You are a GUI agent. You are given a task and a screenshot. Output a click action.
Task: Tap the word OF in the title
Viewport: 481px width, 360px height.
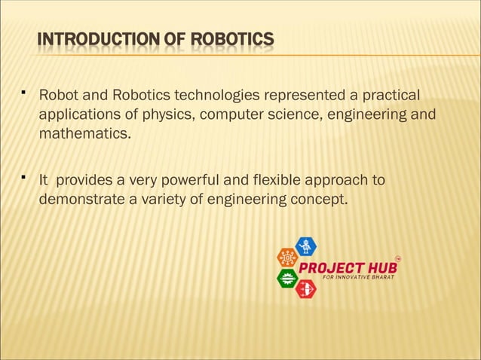point(175,39)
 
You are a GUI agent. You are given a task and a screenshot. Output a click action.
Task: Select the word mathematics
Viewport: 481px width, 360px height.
point(84,135)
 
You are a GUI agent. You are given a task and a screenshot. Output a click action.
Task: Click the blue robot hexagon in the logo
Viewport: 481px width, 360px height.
point(305,246)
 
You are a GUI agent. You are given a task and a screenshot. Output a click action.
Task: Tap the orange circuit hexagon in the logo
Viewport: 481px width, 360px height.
point(287,257)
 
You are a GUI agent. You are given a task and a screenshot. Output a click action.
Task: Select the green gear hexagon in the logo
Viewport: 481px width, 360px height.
point(287,278)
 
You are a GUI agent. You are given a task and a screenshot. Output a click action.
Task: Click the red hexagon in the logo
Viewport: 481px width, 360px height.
point(305,288)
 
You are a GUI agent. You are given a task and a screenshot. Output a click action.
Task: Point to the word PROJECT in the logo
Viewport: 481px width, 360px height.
point(331,268)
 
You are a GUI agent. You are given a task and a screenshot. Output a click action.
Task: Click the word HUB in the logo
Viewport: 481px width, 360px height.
point(381,268)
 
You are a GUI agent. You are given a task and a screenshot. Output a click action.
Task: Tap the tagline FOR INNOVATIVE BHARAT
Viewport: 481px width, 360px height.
point(359,277)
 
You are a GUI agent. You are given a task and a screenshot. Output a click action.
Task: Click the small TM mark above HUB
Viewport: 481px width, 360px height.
point(398,258)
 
